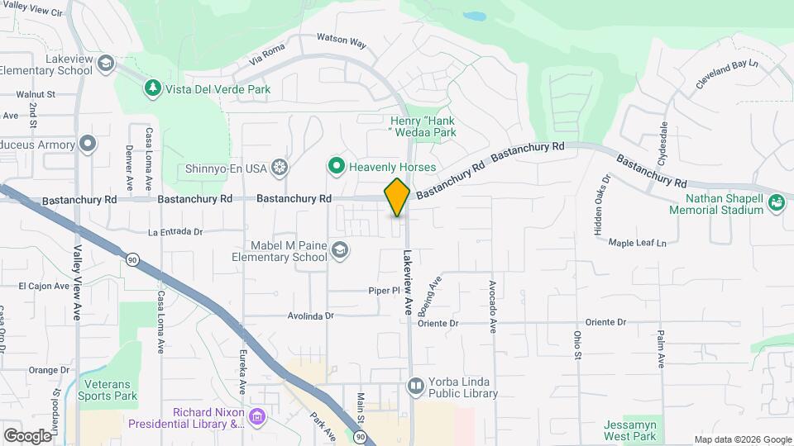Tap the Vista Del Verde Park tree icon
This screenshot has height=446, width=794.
click(x=152, y=87)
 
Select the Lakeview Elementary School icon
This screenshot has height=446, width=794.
click(x=105, y=64)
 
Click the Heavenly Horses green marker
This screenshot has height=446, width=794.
click(x=336, y=166)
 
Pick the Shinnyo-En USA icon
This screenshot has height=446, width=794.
click(x=280, y=168)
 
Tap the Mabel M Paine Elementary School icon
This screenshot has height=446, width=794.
click(x=339, y=250)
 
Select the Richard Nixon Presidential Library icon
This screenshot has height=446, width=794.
click(x=256, y=415)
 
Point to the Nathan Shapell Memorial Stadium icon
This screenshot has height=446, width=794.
click(x=776, y=202)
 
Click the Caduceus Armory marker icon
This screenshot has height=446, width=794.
click(x=88, y=145)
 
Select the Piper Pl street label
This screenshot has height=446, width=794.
click(x=385, y=291)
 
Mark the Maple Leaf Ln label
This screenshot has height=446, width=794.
click(x=637, y=243)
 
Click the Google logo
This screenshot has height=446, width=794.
click(x=27, y=435)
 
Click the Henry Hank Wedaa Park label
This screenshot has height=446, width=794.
click(x=423, y=126)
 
